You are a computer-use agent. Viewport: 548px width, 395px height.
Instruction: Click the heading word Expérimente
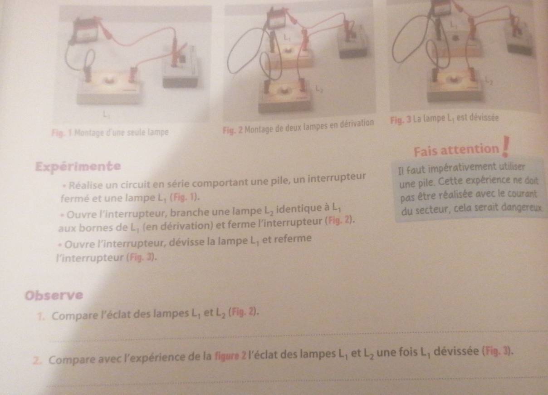[x=78, y=166]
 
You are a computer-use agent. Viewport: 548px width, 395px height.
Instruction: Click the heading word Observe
[x=54, y=295]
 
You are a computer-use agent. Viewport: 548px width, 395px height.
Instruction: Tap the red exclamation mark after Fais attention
[x=505, y=147]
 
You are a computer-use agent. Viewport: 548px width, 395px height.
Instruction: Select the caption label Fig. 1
[x=62, y=133]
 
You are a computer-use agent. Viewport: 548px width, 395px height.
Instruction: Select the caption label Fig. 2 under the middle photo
[x=233, y=130]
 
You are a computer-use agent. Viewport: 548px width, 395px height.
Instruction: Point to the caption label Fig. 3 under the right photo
[x=401, y=120]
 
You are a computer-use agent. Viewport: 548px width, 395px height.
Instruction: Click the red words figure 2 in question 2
[x=230, y=356]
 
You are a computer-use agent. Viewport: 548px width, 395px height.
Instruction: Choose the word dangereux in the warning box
[x=521, y=207]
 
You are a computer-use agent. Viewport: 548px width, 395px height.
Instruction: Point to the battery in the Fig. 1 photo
[x=86, y=30]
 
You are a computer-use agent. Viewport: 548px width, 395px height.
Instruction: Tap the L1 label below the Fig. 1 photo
[x=106, y=114]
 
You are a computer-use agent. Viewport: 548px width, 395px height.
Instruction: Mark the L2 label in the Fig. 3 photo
[x=489, y=80]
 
